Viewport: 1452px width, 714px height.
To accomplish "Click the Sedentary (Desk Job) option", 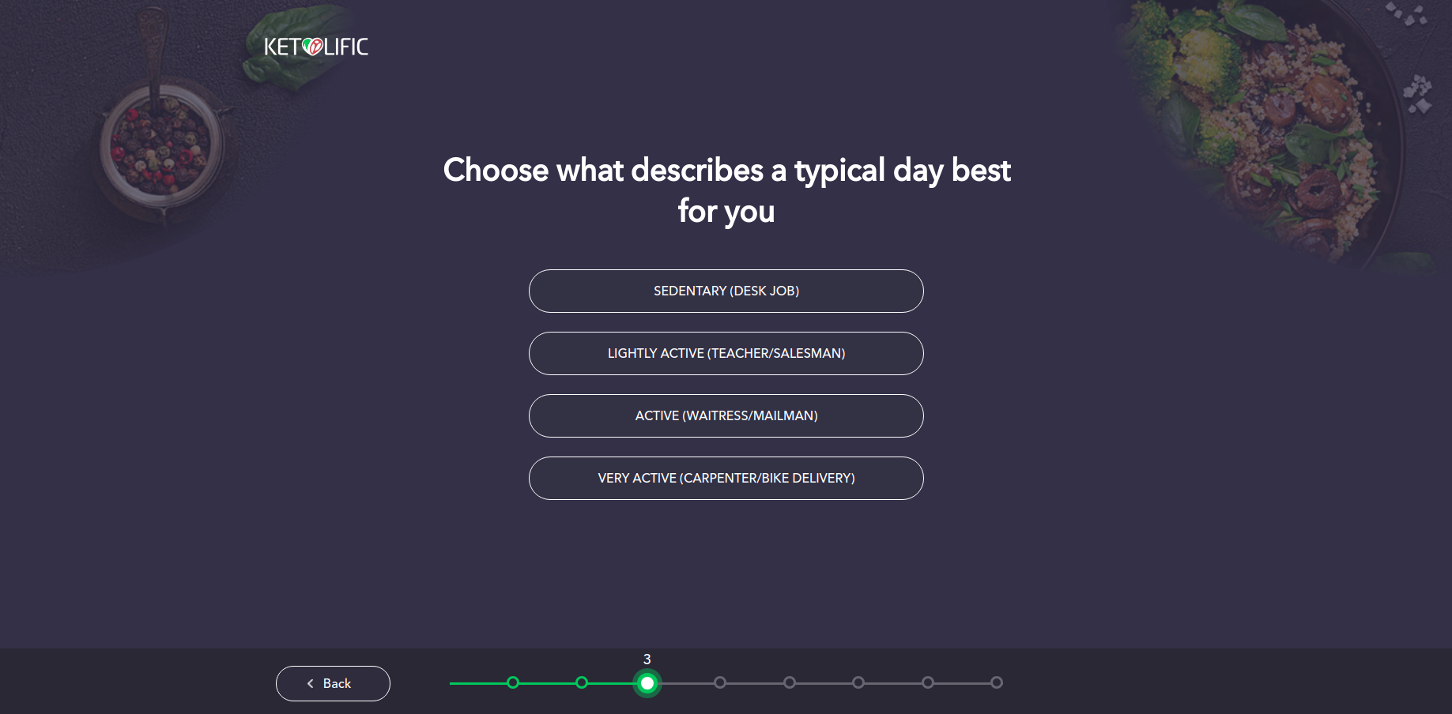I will point(726,291).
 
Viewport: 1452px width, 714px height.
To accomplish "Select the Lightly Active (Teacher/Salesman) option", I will point(726,353).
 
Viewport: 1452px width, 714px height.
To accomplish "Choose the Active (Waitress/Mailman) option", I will point(726,415).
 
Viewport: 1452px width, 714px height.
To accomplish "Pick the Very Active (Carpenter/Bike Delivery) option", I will point(726,478).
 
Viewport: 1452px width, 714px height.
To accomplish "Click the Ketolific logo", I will point(316,47).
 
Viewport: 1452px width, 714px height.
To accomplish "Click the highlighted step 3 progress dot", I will point(647,683).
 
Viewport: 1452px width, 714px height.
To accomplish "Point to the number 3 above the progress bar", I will point(647,660).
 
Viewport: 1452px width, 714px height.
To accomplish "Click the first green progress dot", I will point(513,682).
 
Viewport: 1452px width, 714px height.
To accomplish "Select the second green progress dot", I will point(582,682).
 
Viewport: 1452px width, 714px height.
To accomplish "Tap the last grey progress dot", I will point(997,682).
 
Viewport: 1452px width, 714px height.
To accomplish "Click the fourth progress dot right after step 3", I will point(719,682).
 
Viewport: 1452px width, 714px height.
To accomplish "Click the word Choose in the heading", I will point(496,171).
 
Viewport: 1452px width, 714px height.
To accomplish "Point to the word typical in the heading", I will point(839,171).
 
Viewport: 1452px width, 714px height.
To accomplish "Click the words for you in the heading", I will point(726,212).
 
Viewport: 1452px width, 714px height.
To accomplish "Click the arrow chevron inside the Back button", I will point(311,684).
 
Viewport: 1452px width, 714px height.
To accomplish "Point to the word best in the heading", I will point(981,171).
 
